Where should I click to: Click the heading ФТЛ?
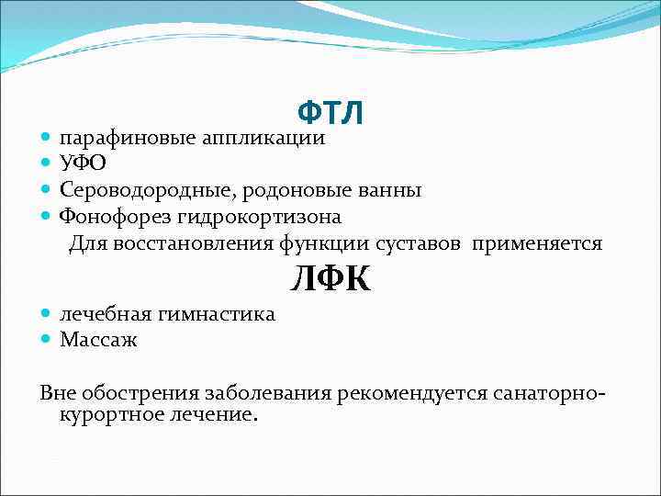tap(330, 113)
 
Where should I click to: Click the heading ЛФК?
tap(330, 277)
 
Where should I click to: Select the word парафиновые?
tap(128, 139)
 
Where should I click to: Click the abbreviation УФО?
tap(83, 164)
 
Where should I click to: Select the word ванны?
tap(397, 190)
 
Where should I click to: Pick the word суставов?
tap(424, 243)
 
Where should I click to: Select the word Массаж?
tap(98, 340)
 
